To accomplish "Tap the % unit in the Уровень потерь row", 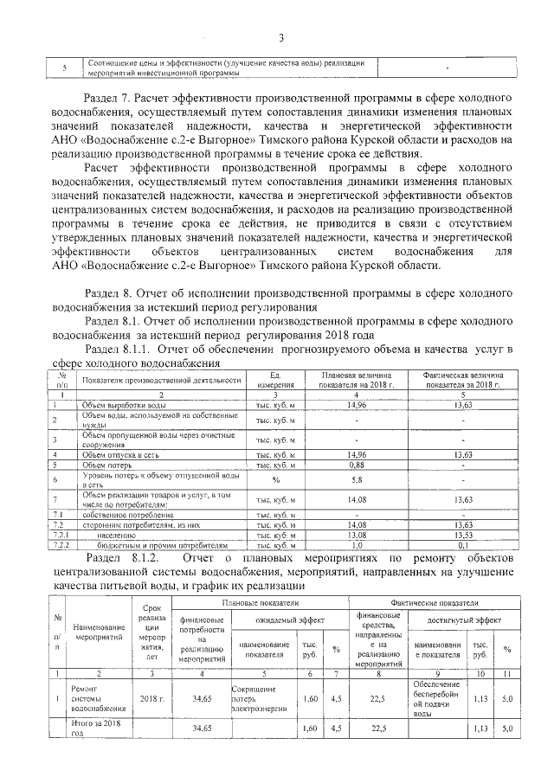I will pyautogui.click(x=276, y=479).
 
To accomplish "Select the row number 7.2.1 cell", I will pyautogui.click(x=61, y=535).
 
